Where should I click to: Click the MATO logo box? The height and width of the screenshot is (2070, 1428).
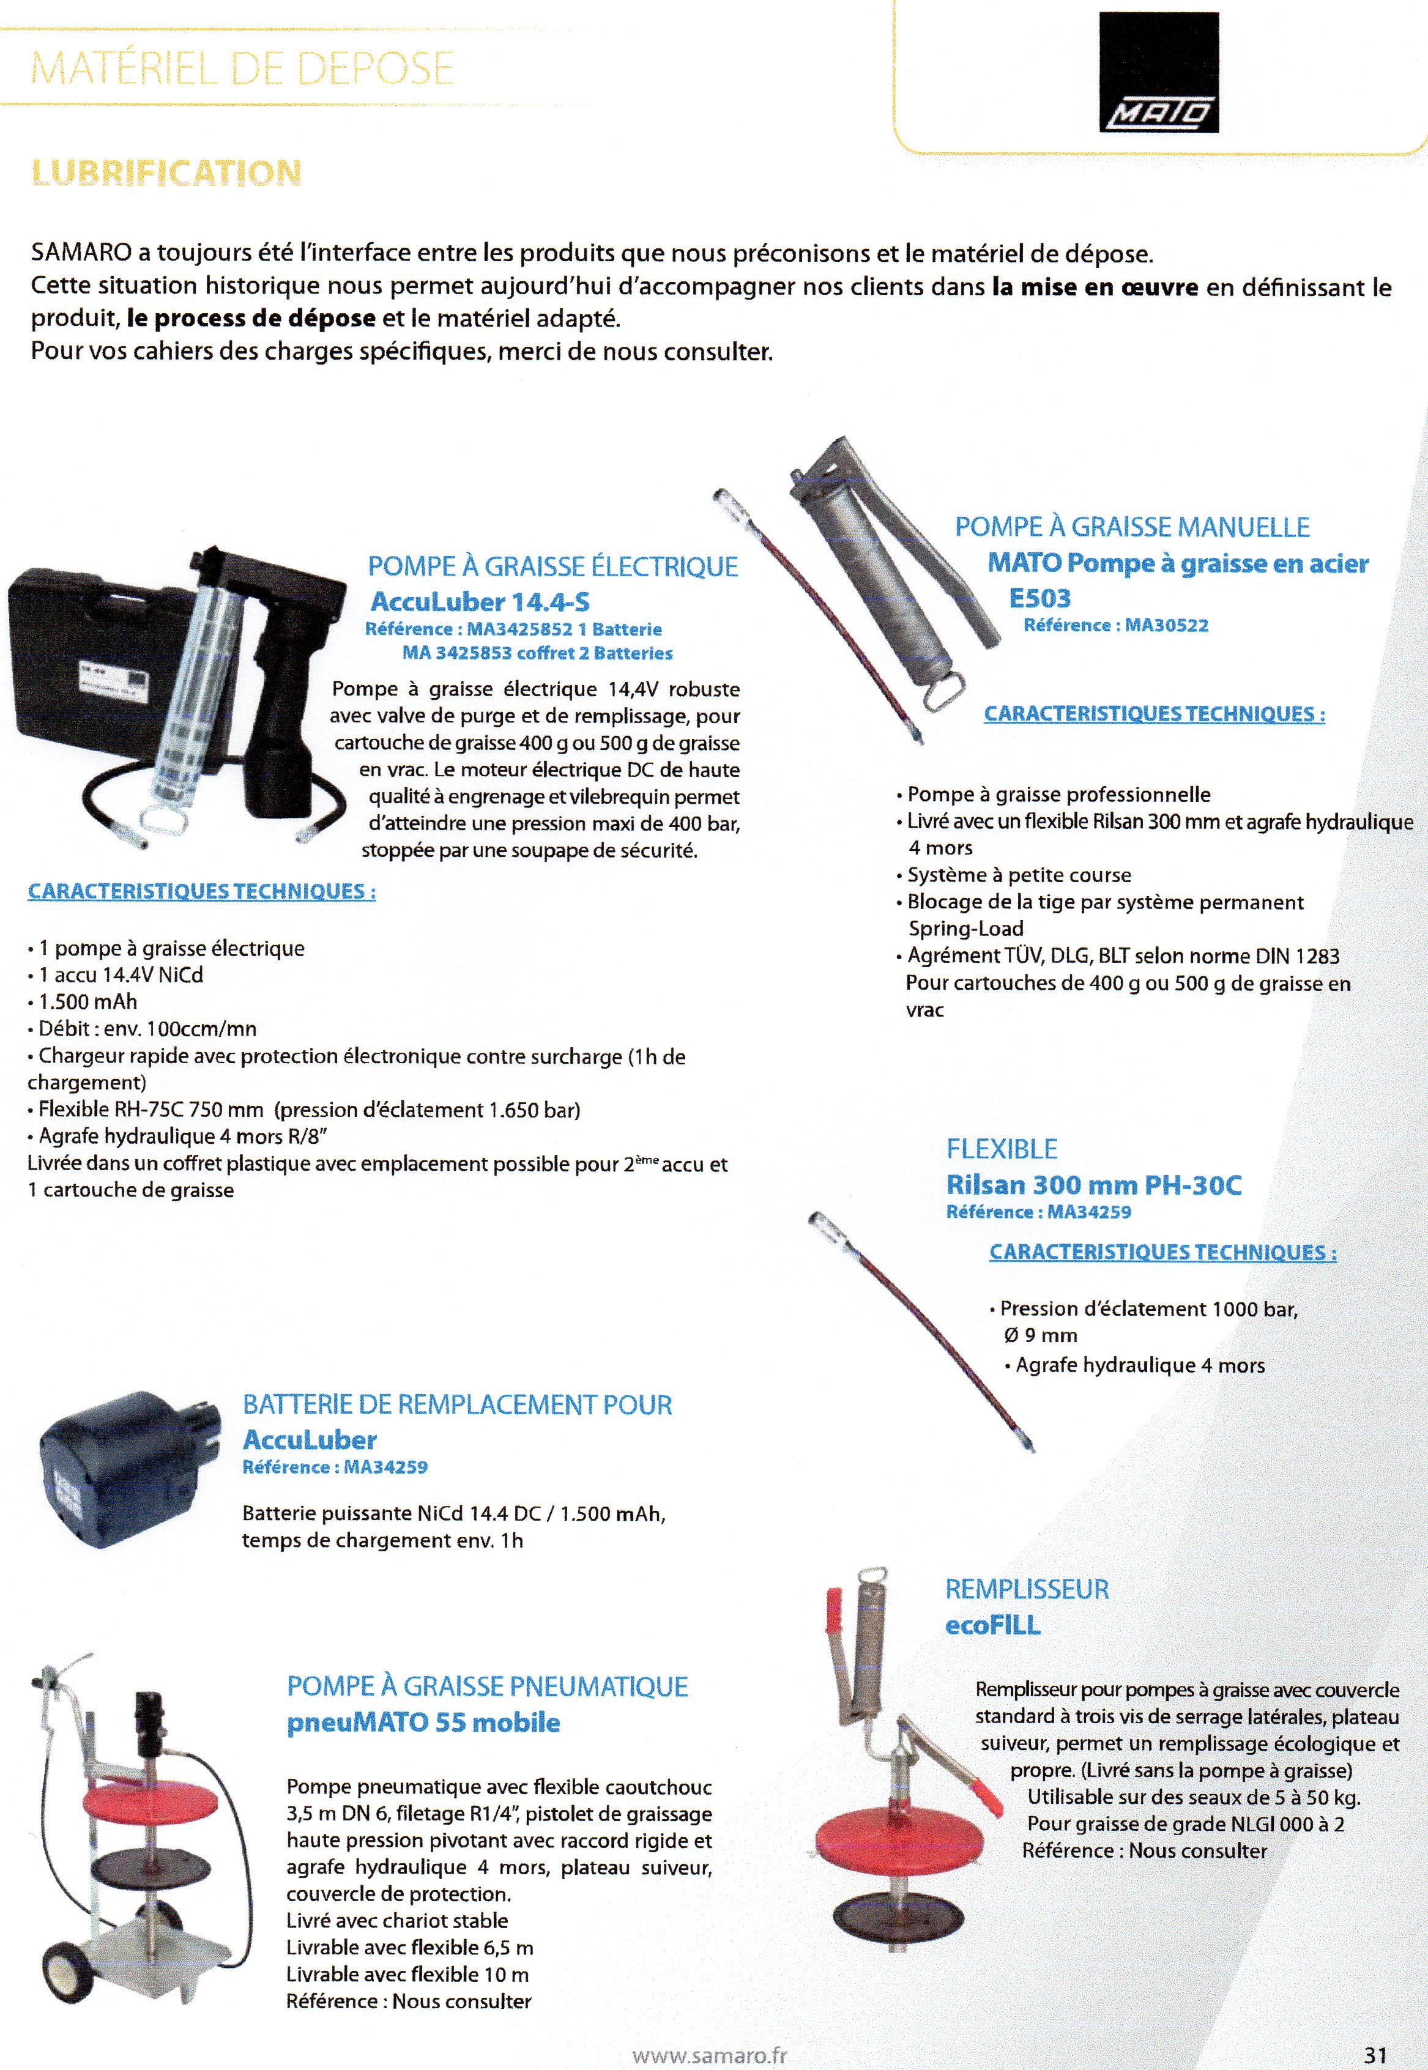coord(1159,72)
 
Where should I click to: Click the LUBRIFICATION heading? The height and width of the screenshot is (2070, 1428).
coord(166,172)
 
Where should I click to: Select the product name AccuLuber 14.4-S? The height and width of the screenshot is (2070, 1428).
coord(480,601)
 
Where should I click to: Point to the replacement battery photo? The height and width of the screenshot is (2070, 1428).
coord(125,1467)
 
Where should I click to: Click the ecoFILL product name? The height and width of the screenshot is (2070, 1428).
coord(992,1625)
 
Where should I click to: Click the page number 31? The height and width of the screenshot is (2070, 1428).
coord(1375,2055)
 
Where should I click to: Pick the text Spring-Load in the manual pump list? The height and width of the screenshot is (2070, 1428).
coord(965,929)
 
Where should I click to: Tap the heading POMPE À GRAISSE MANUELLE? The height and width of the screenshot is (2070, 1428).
coord(1132,527)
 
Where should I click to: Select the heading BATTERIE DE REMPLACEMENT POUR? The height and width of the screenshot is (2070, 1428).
coord(457,1404)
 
